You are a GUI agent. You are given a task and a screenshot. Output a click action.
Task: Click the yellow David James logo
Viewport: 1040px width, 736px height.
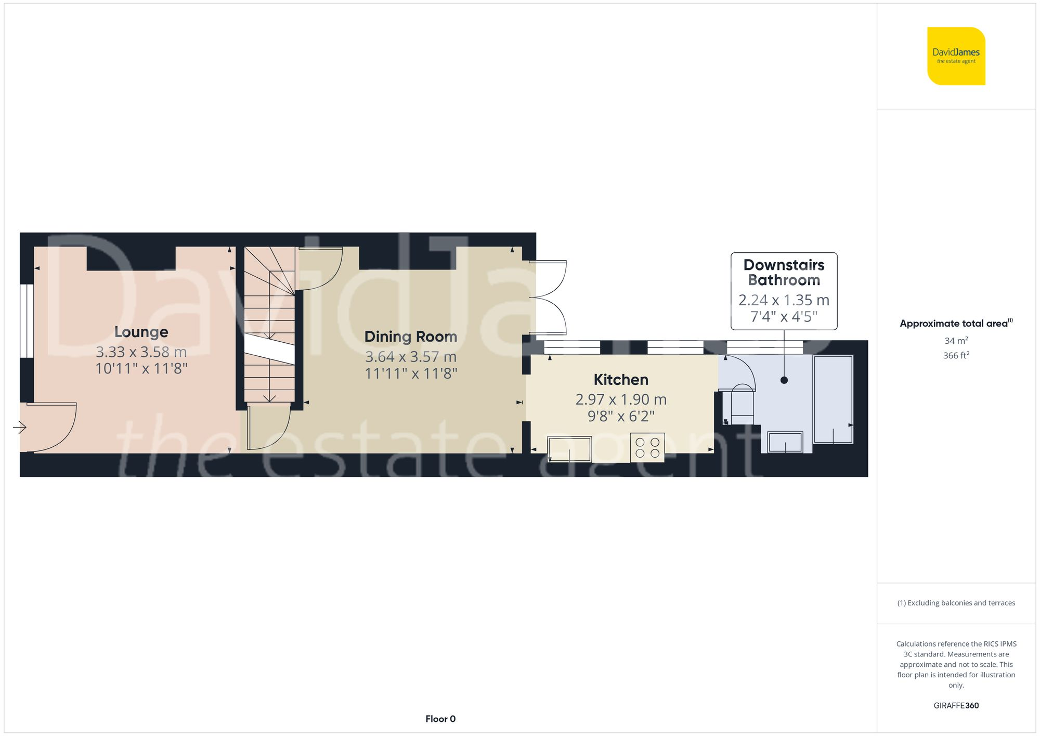coord(956,56)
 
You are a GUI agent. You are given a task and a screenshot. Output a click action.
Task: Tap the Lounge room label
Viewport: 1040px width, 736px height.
coord(141,332)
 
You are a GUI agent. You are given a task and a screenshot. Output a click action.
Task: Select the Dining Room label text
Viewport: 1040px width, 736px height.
coord(410,337)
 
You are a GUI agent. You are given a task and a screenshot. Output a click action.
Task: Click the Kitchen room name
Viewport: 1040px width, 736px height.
coord(620,380)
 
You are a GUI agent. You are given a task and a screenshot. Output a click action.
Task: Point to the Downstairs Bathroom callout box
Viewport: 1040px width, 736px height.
coord(784,291)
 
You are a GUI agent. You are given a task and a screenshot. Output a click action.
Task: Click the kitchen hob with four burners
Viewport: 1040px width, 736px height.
coord(647,448)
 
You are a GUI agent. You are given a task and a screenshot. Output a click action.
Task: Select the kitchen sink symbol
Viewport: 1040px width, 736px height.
coord(569,449)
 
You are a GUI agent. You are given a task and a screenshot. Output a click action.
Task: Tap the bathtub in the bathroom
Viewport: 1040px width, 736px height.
coord(833,399)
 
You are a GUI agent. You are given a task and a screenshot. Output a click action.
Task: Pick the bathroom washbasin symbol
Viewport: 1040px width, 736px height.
coord(785,442)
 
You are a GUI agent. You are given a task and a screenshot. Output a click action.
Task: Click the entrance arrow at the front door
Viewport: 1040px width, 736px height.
coord(20,428)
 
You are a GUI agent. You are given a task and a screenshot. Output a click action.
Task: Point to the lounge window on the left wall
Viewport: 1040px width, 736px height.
coord(27,320)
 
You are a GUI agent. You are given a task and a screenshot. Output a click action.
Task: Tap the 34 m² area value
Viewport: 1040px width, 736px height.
coord(956,341)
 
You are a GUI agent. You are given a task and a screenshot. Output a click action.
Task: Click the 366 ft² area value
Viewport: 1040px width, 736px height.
coord(956,355)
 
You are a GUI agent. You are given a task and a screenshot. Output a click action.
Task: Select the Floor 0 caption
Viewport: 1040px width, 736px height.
coord(440,719)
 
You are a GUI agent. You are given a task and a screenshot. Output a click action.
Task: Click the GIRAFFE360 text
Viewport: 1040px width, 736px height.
coord(956,705)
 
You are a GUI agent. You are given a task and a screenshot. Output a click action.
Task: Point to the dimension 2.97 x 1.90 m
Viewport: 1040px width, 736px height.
coord(620,399)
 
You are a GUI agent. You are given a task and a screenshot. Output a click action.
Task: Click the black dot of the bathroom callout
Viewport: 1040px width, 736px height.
coord(784,380)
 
